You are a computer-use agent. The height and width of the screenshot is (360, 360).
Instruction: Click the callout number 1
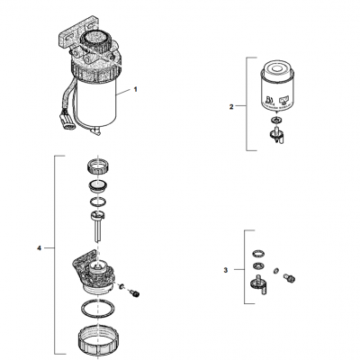click(x=136, y=90)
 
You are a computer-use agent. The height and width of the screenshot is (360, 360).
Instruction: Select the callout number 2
click(x=231, y=107)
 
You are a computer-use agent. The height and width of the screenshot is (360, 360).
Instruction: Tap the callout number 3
click(x=225, y=269)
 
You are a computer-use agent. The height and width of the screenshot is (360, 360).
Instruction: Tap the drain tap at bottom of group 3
click(x=258, y=287)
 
